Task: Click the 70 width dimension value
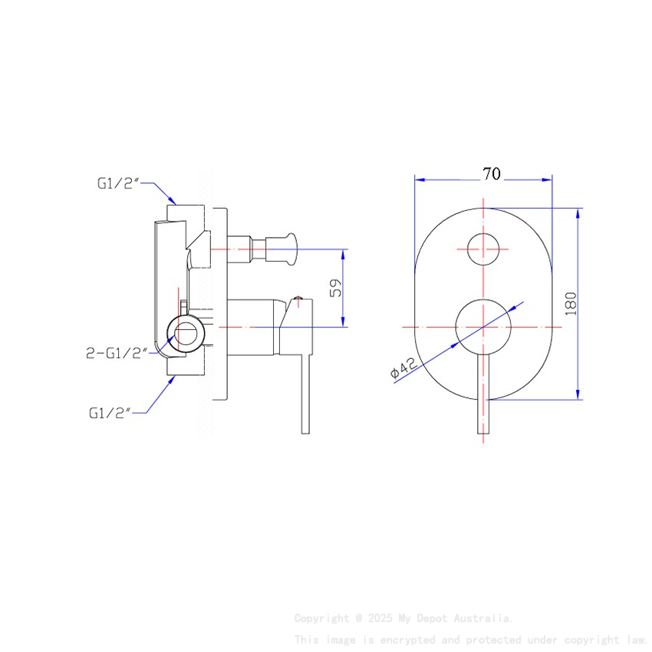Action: (492, 173)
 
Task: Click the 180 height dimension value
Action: (570, 304)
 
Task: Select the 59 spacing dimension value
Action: (334, 288)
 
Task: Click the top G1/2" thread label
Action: (118, 183)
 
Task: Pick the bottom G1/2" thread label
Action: (108, 412)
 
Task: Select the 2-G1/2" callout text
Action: (116, 354)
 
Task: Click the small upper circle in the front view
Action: (483, 249)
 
